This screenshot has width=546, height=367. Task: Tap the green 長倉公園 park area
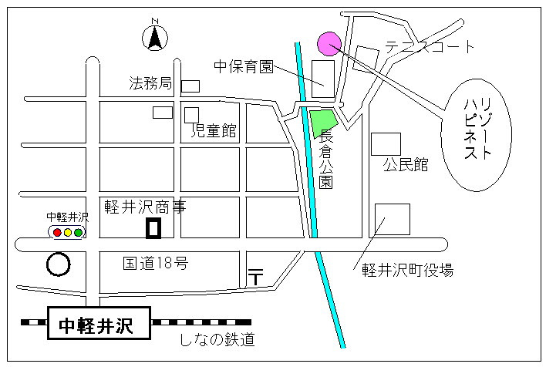323,123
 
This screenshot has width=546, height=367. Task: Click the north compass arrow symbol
155,36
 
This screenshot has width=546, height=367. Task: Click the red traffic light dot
56,232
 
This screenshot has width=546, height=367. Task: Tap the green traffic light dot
78,232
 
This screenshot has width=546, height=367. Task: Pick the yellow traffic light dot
67,232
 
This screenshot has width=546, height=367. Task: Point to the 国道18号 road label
156,263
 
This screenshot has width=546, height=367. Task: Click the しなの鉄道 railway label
217,339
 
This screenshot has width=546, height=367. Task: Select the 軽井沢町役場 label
408,270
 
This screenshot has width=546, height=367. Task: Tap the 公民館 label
405,165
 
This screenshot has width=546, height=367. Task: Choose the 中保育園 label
244,66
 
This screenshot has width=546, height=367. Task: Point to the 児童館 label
214,131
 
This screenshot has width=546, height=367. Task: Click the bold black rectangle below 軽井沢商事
153,228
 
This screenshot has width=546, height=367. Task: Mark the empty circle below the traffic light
58,264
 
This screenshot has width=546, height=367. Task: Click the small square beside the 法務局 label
190,86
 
